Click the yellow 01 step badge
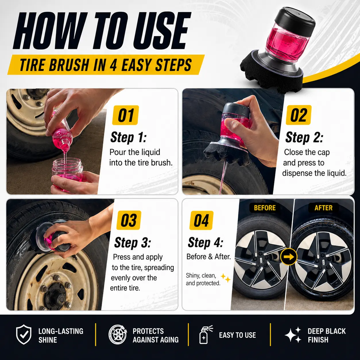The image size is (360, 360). point(125,115)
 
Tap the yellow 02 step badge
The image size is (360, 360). point(299,115)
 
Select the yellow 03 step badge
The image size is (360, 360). point(129,220)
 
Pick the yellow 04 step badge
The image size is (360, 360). point(202,220)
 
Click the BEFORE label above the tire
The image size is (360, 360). point(265,208)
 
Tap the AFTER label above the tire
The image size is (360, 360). point(323,208)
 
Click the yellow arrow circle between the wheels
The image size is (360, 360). point(289,257)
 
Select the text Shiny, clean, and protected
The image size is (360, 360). point(203,279)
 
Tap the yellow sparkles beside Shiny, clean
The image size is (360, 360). point(226,278)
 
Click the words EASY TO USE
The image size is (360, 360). point(237,335)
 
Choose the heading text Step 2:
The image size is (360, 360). point(304,138)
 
